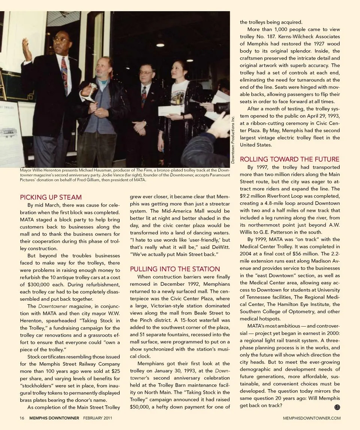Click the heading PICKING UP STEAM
[51, 197]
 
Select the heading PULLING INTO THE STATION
[175, 269]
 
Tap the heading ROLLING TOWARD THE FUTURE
[289, 159]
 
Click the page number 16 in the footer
[22, 418]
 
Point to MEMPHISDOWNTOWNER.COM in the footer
[312, 418]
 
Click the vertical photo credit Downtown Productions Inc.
[233, 139]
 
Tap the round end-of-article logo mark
[337, 408]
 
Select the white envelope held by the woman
[169, 110]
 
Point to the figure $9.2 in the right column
[246, 196]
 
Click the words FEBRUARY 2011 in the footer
[97, 418]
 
